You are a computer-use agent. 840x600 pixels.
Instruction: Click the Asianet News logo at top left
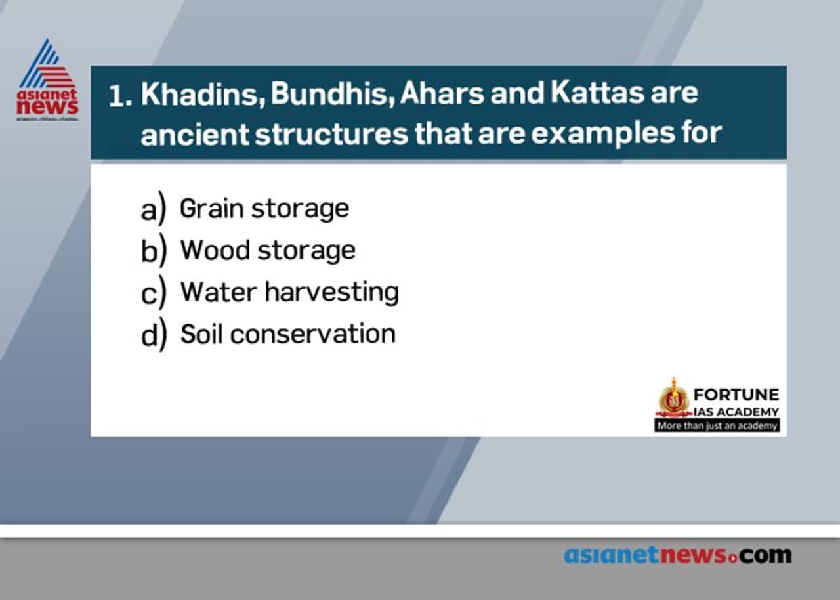(47, 80)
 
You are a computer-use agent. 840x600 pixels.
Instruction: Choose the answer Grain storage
(264, 209)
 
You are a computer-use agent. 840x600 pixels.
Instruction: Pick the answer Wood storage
(268, 250)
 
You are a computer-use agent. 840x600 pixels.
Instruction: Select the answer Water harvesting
(289, 292)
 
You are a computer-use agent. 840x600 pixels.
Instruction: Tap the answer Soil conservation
(288, 334)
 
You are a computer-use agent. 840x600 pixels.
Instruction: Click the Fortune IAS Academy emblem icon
(673, 398)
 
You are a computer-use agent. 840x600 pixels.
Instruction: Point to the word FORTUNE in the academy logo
(736, 395)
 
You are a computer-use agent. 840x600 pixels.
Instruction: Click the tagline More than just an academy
(717, 425)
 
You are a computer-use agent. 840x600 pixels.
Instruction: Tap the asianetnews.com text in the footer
(677, 555)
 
